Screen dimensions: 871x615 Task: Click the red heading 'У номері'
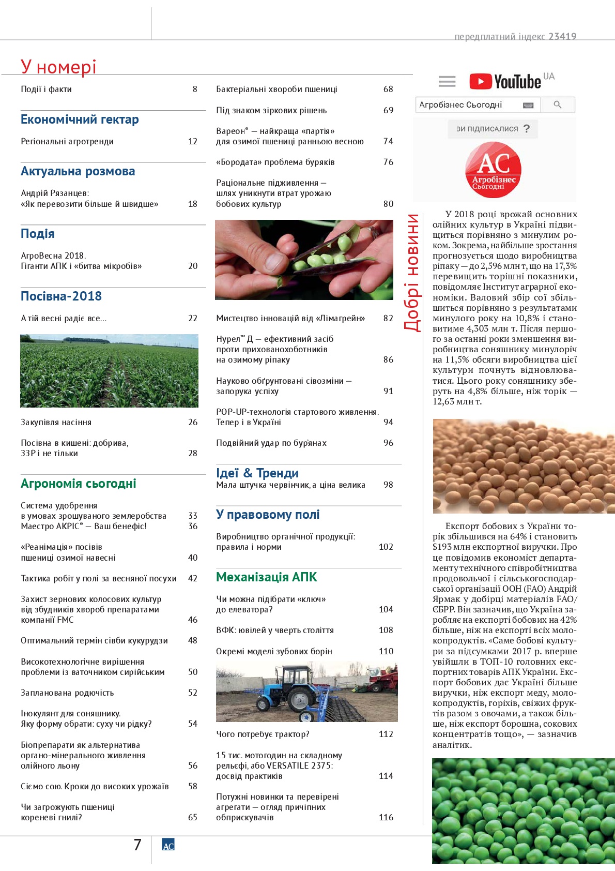[x=58, y=67]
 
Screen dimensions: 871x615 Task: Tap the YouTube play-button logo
[x=481, y=81]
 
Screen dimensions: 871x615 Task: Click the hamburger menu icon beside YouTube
[x=447, y=81]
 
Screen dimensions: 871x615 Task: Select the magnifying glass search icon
[x=557, y=104]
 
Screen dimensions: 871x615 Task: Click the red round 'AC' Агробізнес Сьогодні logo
[x=494, y=170]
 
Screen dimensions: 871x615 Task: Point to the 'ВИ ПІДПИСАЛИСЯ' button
[x=493, y=129]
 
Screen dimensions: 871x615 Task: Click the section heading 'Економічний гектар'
[x=80, y=119]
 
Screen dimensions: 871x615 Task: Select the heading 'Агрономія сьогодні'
[x=79, y=484]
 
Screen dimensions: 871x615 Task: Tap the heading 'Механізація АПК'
[x=266, y=577]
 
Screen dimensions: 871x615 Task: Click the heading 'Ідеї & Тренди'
[x=257, y=473]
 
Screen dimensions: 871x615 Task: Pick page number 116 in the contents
[x=386, y=817]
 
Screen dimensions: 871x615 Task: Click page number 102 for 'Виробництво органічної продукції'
[x=386, y=547]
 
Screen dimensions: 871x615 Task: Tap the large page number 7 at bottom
[x=137, y=845]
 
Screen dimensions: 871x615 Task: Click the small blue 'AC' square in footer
[x=168, y=845]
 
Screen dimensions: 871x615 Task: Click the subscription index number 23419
[x=562, y=36]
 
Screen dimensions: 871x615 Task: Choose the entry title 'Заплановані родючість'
[x=67, y=693]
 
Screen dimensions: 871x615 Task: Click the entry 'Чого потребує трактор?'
[x=263, y=734]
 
